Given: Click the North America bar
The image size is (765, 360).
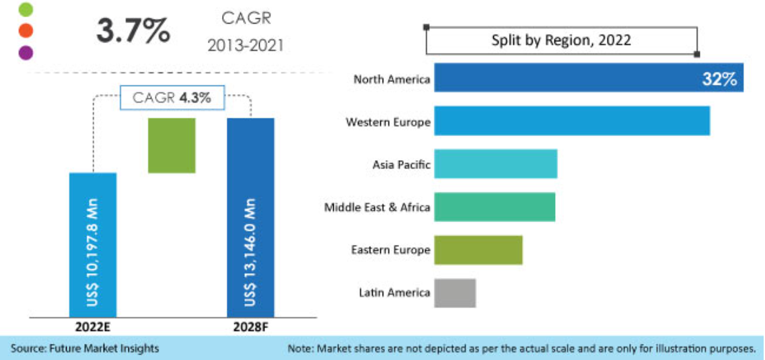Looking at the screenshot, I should pyautogui.click(x=565, y=77).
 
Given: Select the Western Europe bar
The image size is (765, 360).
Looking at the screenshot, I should pyautogui.click(x=572, y=120).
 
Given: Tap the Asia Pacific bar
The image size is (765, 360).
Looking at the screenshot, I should pyautogui.click(x=495, y=164).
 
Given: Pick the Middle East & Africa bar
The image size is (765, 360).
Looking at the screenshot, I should pyautogui.click(x=495, y=207).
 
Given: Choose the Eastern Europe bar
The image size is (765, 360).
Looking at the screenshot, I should pyautogui.click(x=478, y=250).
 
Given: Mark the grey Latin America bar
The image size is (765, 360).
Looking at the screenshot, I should pyautogui.click(x=455, y=293).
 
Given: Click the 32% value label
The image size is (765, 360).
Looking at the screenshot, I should pyautogui.click(x=719, y=79).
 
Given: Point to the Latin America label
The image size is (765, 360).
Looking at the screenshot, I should pyautogui.click(x=394, y=293).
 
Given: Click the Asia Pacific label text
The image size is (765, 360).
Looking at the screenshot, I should pyautogui.click(x=401, y=164).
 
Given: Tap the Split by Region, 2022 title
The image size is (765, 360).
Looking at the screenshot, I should pyautogui.click(x=561, y=40).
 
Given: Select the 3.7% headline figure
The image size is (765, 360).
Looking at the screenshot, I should pyautogui.click(x=133, y=30).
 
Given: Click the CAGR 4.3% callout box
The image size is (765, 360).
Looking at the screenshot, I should pyautogui.click(x=172, y=98).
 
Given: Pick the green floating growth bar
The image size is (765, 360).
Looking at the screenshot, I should pyautogui.click(x=172, y=145).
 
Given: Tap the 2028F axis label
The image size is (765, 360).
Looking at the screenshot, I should pyautogui.click(x=250, y=327).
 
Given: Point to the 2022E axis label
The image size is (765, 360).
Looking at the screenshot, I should pyautogui.click(x=93, y=327).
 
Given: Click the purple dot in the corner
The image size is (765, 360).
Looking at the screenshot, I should pyautogui.click(x=26, y=52).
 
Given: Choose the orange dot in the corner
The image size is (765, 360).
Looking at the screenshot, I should pyautogui.click(x=26, y=30).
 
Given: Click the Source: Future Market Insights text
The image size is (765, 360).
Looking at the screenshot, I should pyautogui.click(x=85, y=349).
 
